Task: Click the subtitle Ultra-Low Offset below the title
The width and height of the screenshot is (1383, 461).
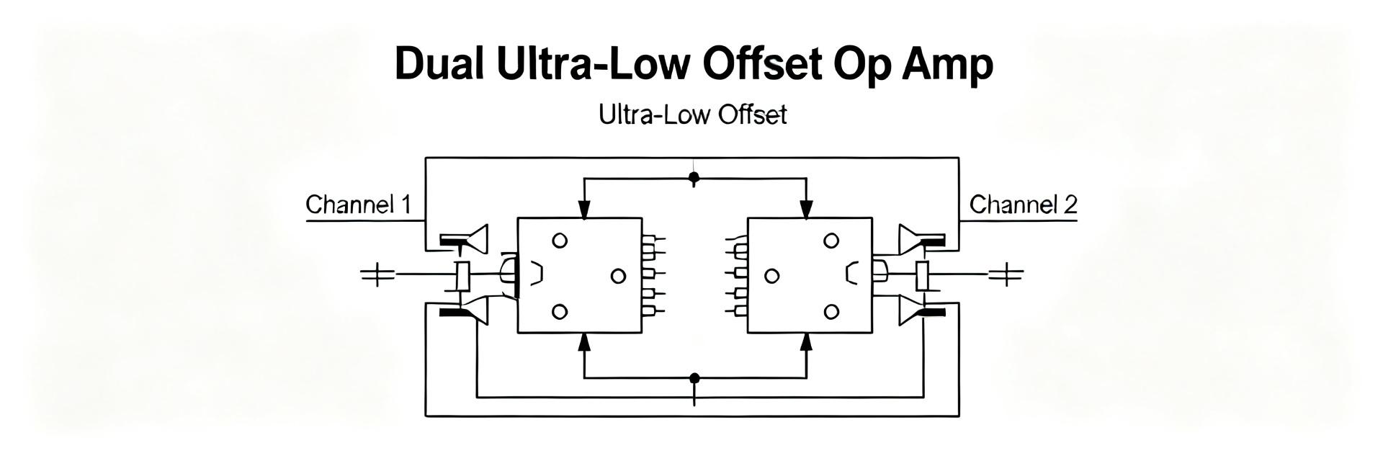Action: click(x=693, y=115)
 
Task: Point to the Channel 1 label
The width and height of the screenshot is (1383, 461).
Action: click(x=358, y=205)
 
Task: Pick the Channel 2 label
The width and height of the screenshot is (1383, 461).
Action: click(x=1023, y=205)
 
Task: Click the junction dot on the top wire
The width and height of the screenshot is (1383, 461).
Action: click(x=694, y=176)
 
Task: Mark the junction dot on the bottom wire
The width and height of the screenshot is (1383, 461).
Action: click(x=694, y=377)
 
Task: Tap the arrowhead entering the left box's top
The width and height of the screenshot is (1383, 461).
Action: click(x=584, y=208)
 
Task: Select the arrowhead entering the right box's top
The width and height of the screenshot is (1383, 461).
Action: click(x=807, y=208)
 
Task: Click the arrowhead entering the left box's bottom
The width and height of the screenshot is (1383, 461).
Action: click(x=584, y=343)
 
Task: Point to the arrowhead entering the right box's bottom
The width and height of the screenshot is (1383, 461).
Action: click(x=807, y=343)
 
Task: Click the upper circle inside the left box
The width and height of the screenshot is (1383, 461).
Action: click(x=560, y=241)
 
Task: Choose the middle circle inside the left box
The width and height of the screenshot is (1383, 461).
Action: click(x=618, y=276)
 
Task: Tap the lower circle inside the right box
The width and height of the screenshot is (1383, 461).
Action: click(x=831, y=311)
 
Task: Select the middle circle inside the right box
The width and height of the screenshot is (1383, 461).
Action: click(x=771, y=276)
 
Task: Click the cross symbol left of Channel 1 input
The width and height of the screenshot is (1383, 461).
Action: click(x=377, y=274)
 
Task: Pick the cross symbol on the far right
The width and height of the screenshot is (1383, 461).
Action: click(x=1006, y=274)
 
